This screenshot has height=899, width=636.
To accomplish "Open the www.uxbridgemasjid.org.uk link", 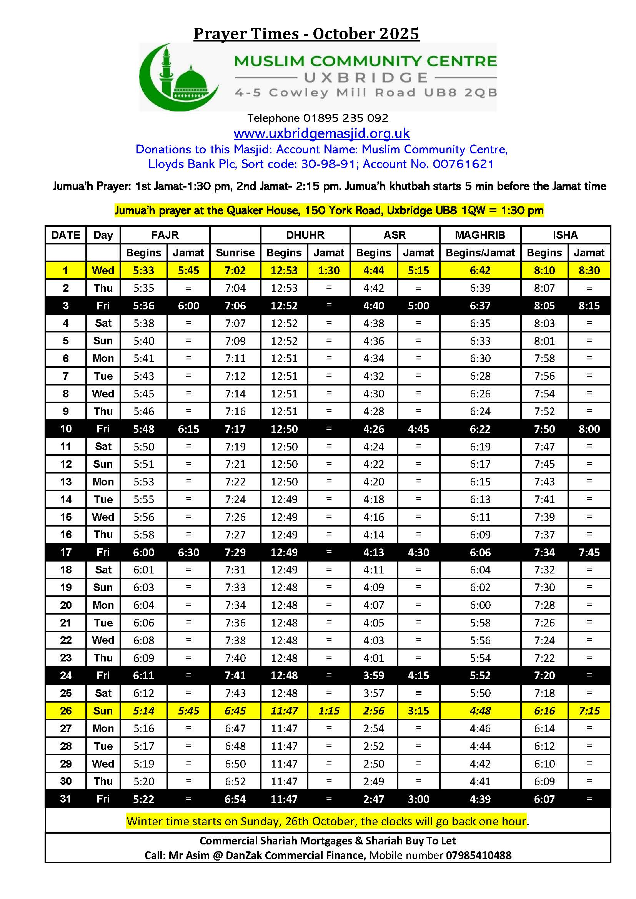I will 321,133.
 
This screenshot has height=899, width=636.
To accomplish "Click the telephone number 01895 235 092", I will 345,118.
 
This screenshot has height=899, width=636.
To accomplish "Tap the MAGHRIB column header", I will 480,235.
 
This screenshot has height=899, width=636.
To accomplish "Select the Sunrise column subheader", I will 235,253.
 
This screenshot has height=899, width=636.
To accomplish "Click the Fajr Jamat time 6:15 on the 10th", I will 188,429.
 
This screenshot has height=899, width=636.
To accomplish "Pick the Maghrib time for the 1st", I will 480,270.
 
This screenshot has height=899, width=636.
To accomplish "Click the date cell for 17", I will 65,552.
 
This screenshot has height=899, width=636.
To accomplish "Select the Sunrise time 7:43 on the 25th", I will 235,693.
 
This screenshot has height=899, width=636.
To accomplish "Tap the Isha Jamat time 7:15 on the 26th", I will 589,711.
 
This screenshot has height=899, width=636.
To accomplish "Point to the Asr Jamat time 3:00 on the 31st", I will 418,799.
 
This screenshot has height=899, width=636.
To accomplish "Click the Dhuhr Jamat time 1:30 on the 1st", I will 328,270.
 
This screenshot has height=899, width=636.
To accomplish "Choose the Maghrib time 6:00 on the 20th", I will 480,605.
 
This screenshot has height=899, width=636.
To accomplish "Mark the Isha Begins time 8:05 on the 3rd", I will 544,306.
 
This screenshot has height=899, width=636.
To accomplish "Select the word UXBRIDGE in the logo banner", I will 366,78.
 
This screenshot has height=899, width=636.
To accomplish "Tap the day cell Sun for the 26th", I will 103,711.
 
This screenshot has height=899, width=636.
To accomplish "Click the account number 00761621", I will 463,164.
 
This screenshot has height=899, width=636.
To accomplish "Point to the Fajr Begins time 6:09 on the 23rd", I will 144,658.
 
